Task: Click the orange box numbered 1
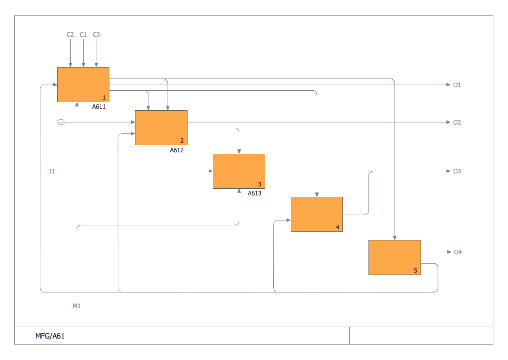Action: click(x=83, y=84)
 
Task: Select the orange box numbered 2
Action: click(x=161, y=127)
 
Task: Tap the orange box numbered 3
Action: click(x=239, y=171)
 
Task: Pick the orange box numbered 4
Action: click(x=316, y=214)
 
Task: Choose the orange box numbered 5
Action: click(x=395, y=257)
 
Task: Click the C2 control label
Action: click(x=70, y=35)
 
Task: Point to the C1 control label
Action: click(x=83, y=35)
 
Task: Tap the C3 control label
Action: click(x=96, y=35)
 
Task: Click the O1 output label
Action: click(x=457, y=85)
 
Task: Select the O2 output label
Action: click(x=457, y=122)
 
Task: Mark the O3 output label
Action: click(x=457, y=171)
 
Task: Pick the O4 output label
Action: click(x=458, y=252)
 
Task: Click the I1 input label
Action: click(x=52, y=171)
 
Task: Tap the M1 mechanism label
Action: click(x=76, y=306)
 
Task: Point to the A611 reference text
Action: click(x=99, y=107)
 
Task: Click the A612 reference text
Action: click(x=177, y=150)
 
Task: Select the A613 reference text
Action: click(x=255, y=194)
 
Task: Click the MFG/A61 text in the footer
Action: click(x=50, y=336)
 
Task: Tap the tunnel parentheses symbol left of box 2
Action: click(x=61, y=122)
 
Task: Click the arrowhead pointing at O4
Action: click(x=449, y=252)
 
